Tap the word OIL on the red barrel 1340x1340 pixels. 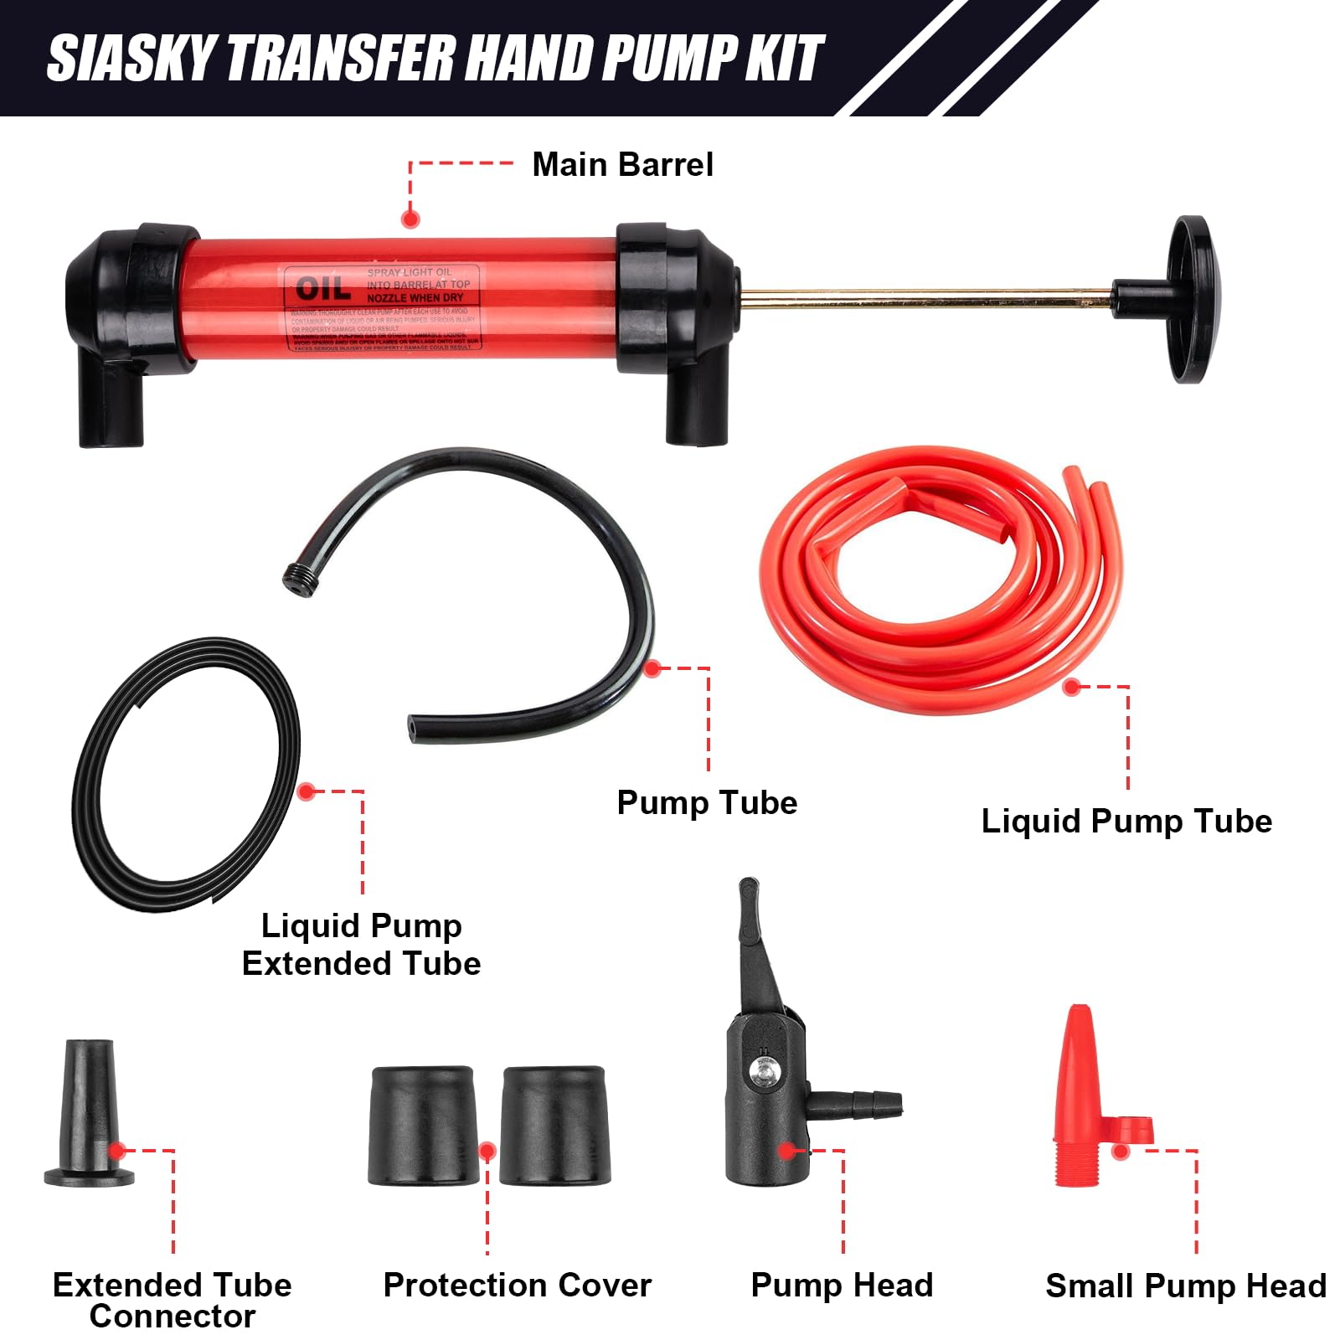pos(322,290)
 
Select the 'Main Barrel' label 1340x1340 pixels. pos(622,165)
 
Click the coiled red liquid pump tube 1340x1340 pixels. pos(942,578)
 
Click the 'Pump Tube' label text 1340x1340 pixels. pos(707,802)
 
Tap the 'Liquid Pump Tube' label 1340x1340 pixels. pos(1126,821)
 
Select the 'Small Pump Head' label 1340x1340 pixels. pos(1185,1286)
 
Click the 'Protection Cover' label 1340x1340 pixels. pos(517,1286)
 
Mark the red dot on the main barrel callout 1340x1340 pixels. pos(410,219)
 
